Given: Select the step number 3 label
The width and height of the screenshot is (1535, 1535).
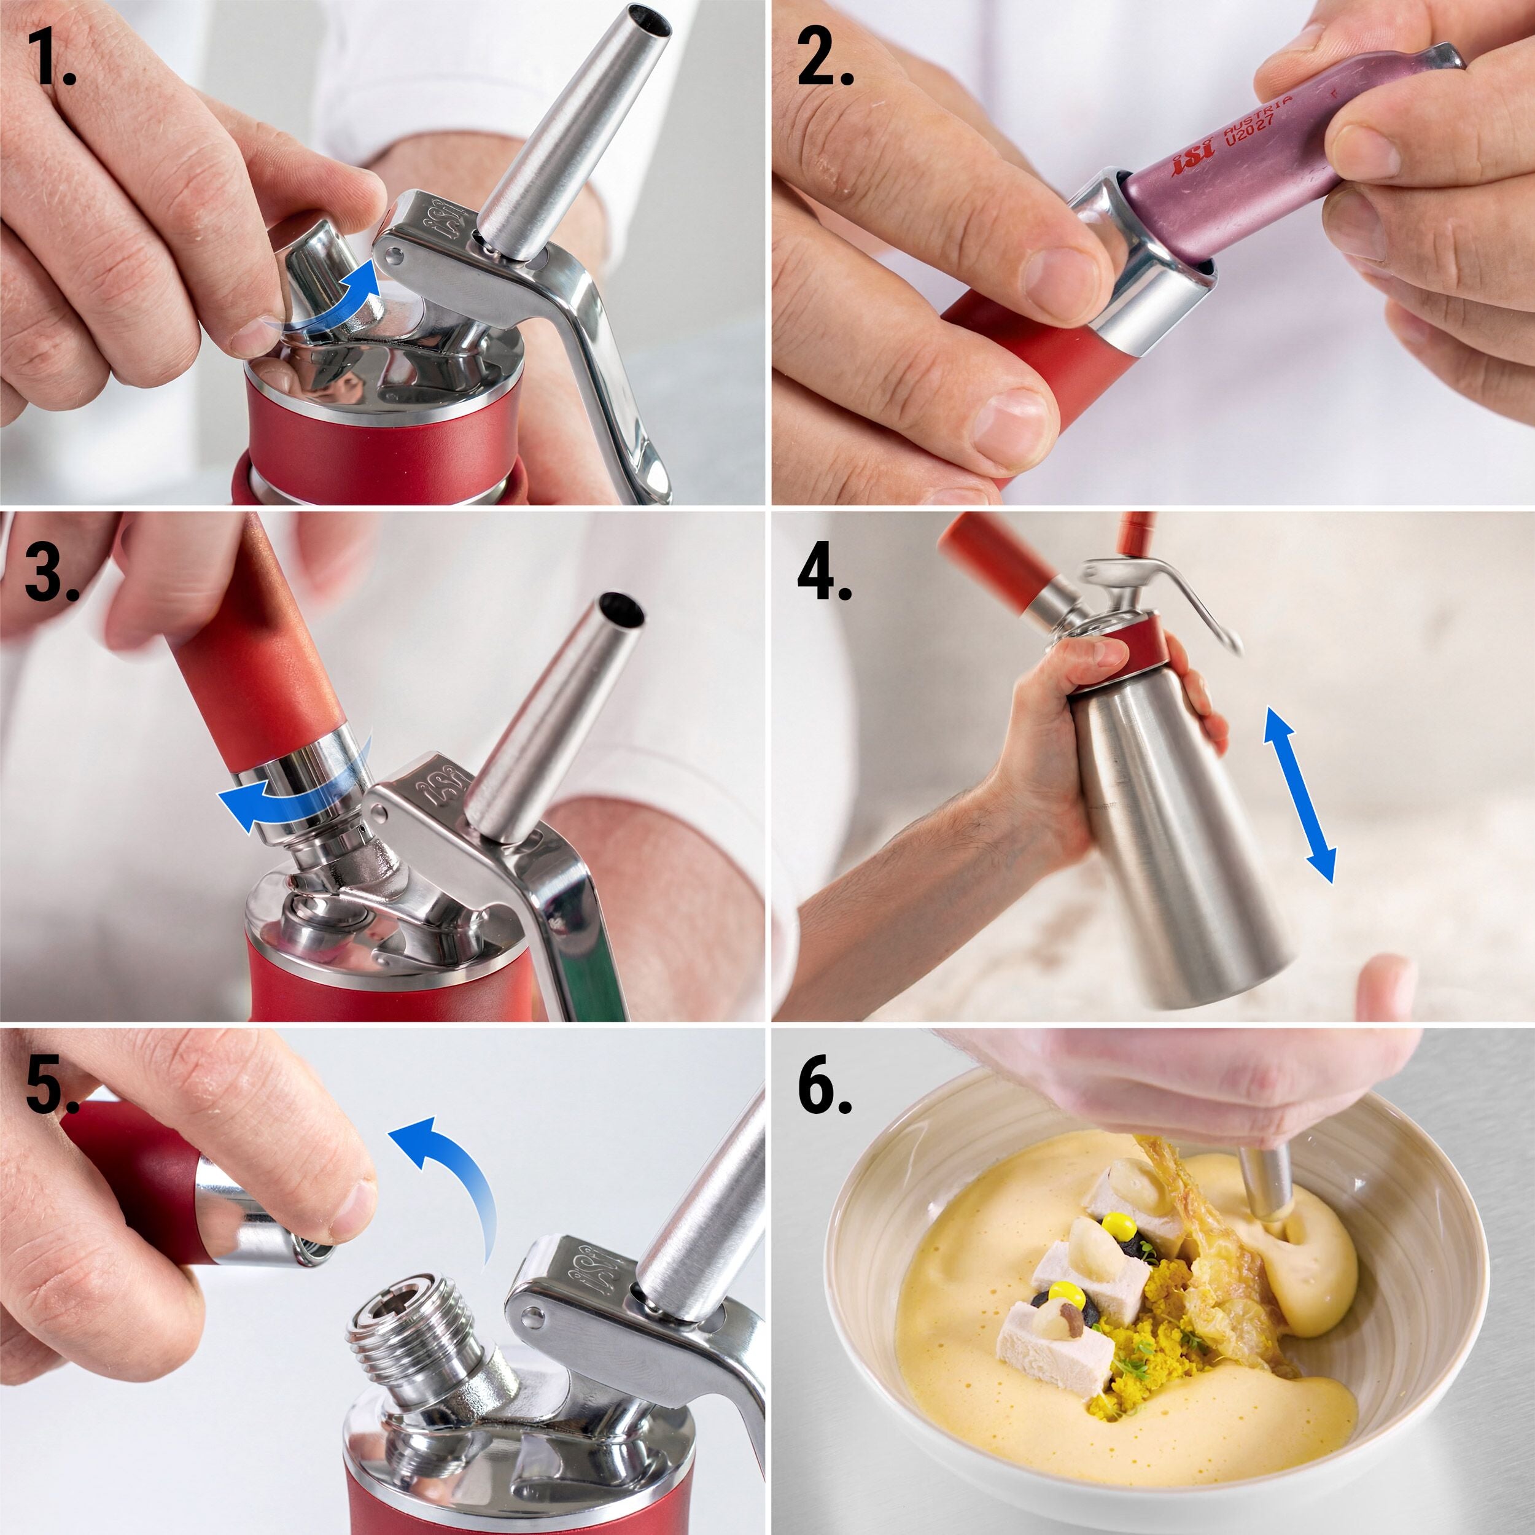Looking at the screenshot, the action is point(52,571).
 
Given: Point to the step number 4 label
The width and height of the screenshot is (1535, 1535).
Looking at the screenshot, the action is point(825,571).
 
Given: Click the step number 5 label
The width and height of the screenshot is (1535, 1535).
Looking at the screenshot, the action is point(52,1084).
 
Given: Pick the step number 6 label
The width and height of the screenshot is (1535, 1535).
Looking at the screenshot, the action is point(825,1084).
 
